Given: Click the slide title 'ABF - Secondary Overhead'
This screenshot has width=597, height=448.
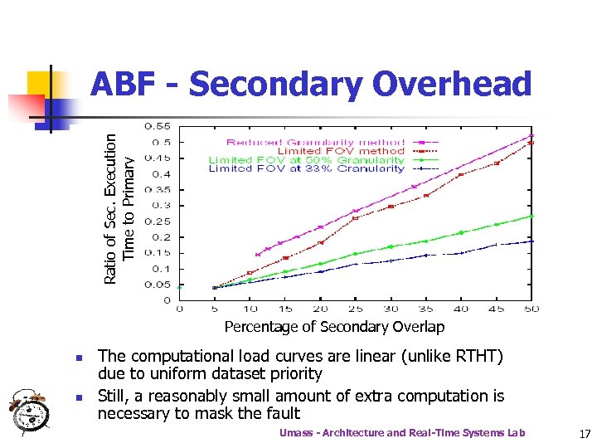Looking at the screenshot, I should coord(310,85).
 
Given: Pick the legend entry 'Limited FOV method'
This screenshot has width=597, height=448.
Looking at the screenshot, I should coord(341,150).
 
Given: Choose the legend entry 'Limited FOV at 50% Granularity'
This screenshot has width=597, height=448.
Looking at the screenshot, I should coord(306,159).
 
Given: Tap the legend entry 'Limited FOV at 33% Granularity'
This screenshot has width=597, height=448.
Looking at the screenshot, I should coord(306,168).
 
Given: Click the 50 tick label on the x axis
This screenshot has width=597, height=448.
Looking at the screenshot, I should coord(531,309).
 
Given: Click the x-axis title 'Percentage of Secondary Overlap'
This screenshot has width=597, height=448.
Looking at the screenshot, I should coord(334,327).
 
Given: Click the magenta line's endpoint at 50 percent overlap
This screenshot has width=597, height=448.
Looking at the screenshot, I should coord(531,135).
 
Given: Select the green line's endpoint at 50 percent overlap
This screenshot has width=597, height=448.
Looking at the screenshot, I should coord(531,216).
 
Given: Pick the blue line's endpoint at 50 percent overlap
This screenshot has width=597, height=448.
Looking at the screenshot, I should coord(531,241).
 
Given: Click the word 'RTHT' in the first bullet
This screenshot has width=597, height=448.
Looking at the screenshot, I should coord(478,357).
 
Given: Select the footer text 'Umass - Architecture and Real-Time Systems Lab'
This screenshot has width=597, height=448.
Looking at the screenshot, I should coord(402,433).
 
